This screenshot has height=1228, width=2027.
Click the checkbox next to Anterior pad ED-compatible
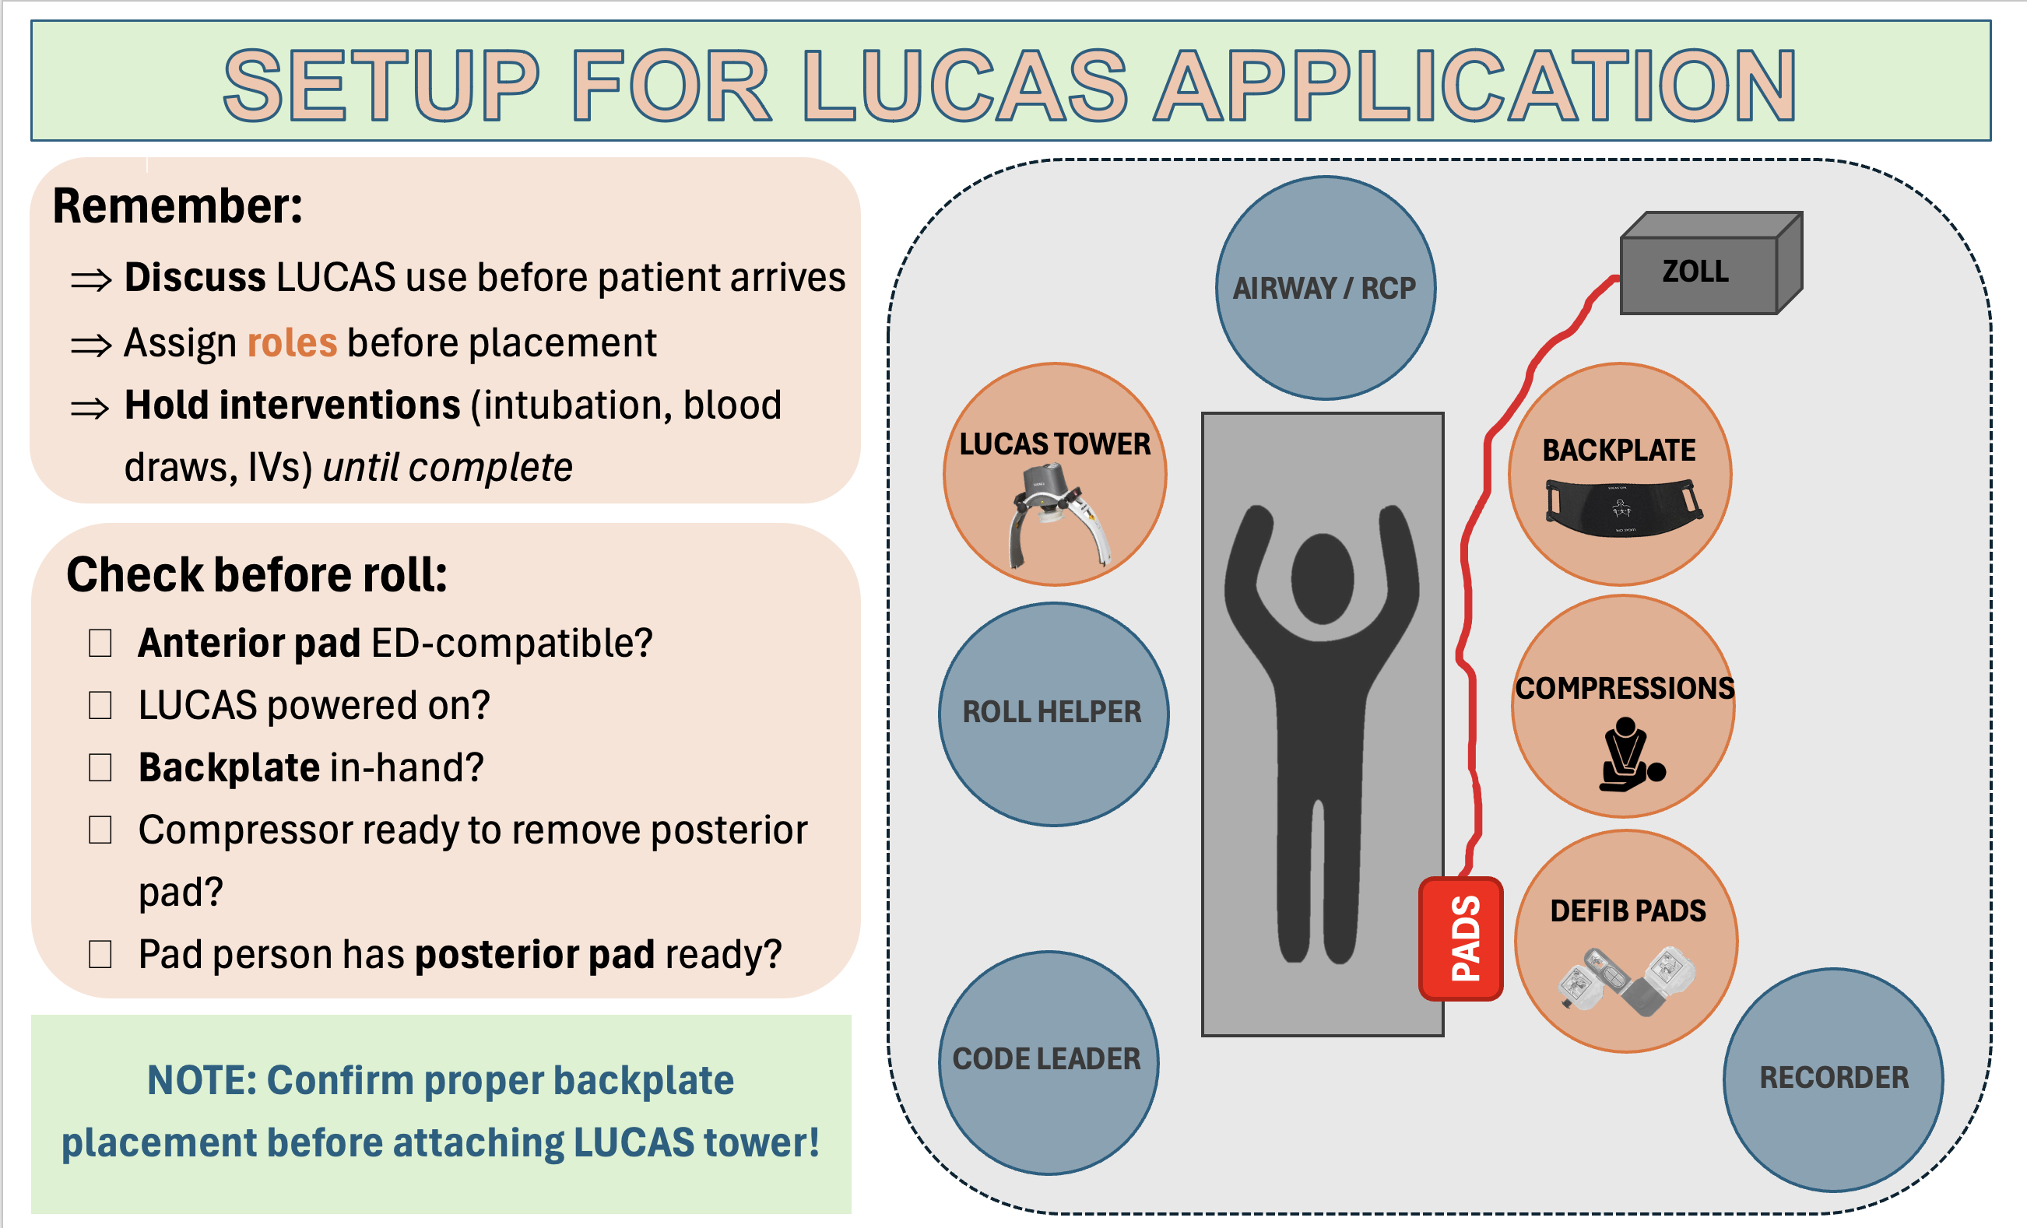coord(100,644)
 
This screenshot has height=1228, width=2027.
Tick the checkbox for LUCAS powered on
coord(100,706)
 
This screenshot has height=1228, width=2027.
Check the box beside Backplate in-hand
coord(100,767)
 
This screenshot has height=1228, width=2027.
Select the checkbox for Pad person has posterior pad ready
coord(100,954)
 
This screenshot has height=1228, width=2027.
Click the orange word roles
coord(292,343)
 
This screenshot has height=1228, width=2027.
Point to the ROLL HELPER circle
coord(1053,712)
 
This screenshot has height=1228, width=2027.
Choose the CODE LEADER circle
coord(1047,1061)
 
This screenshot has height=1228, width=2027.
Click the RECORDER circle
coord(1833,1079)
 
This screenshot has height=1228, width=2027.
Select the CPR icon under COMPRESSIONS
coord(1628,755)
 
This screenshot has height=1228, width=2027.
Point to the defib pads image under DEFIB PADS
coord(1627,981)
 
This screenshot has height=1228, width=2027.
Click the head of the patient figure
coord(1322,577)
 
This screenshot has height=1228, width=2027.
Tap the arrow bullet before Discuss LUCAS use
coord(90,280)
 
